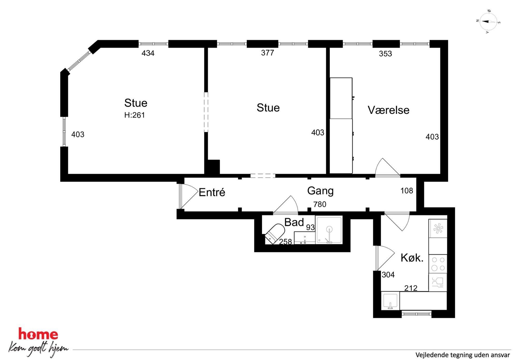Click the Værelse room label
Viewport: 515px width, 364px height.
(388, 110)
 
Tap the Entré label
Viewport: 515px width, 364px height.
(212, 192)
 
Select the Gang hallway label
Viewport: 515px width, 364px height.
(320, 191)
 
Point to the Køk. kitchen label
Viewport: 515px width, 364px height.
(412, 258)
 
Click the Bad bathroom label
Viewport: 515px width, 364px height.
(294, 222)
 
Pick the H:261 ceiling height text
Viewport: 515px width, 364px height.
(134, 115)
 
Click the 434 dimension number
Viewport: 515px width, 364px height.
(148, 53)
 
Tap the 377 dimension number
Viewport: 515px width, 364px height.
(267, 53)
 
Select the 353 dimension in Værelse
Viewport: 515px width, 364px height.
(385, 54)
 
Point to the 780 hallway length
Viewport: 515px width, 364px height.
(320, 204)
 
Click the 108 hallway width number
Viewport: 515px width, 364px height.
(406, 191)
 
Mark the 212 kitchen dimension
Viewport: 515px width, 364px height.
(411, 288)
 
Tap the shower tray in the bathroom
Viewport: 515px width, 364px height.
(329, 230)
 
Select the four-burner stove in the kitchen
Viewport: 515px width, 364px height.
(438, 264)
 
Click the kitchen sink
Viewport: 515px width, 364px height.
(390, 301)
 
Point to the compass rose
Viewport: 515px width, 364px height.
(488, 22)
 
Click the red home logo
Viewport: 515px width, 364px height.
(38, 334)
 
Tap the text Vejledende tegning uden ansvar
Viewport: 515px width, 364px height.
(463, 355)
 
